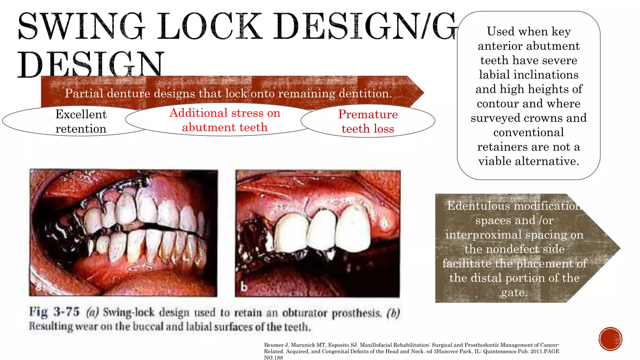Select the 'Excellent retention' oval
[81, 121]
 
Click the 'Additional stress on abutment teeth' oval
[225, 120]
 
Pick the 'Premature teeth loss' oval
[368, 121]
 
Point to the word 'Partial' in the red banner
[84, 93]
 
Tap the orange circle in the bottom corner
[610, 339]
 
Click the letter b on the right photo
[244, 287]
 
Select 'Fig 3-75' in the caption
[54, 312]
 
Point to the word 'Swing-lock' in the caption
[128, 312]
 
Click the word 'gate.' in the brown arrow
[514, 292]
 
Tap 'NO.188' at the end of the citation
[273, 357]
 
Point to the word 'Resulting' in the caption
[50, 326]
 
